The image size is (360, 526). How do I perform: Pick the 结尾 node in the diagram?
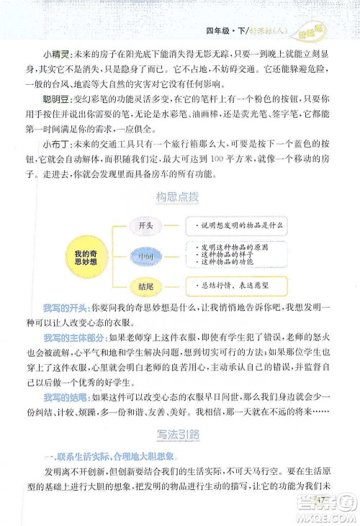pyautogui.click(x=145, y=286)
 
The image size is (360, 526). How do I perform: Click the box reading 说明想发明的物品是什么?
pyautogui.click(x=237, y=225)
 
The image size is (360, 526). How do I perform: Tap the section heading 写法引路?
pyautogui.click(x=178, y=434)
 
